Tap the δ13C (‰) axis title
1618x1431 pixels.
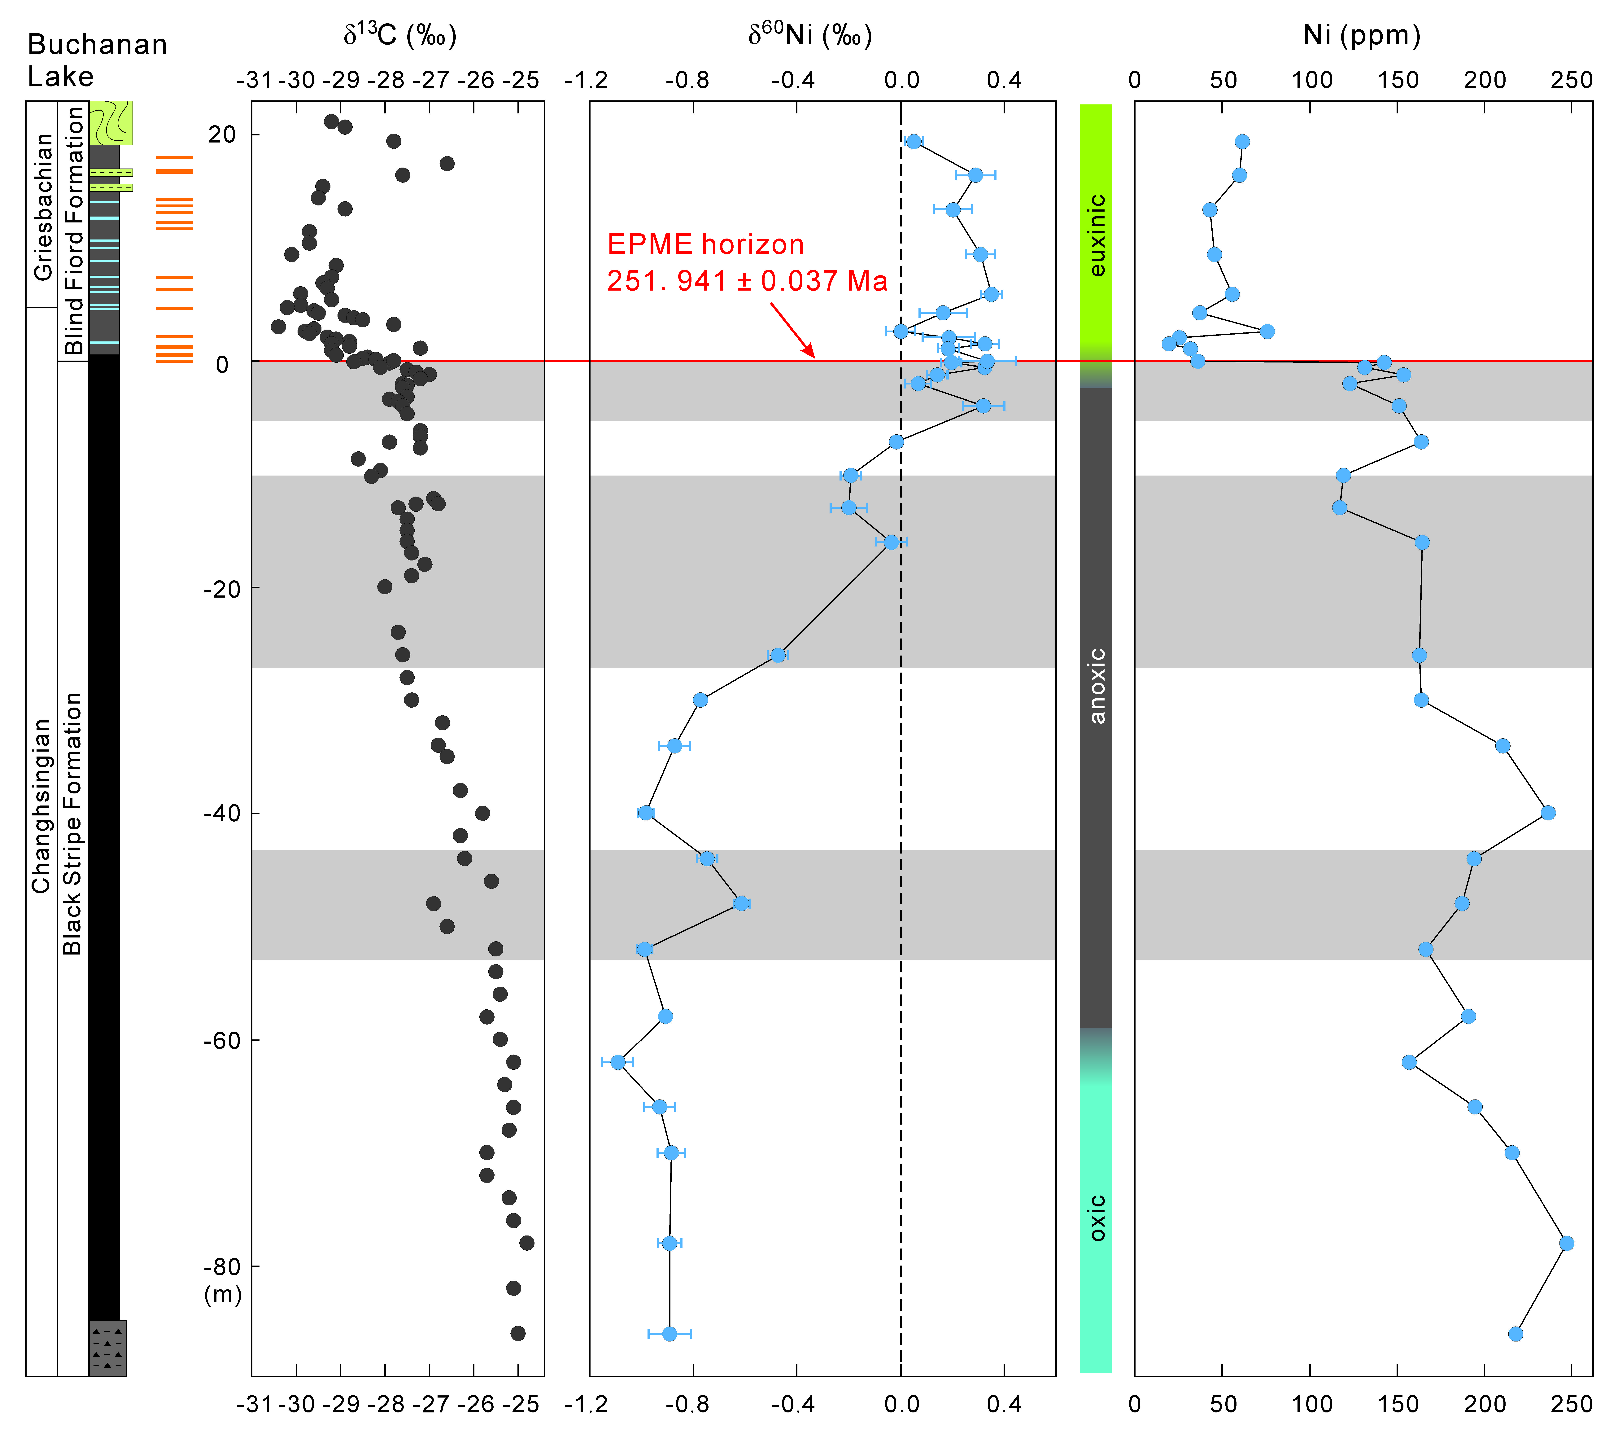[x=400, y=36]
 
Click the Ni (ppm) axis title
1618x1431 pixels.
[x=1362, y=36]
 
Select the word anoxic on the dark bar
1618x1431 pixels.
[x=1096, y=685]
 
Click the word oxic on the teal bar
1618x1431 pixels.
[x=1096, y=1218]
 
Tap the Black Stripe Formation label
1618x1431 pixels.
[x=73, y=824]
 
